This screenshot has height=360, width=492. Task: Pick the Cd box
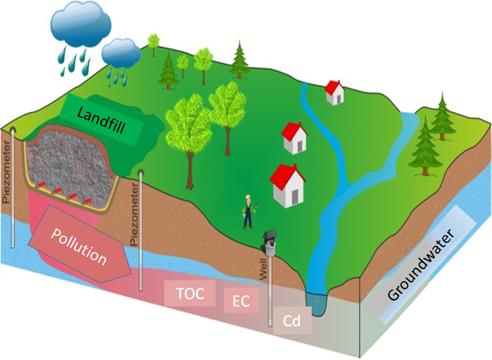pos(292,321)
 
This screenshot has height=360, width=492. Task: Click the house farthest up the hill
pos(334,92)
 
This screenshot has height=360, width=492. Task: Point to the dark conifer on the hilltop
pos(239,59)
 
